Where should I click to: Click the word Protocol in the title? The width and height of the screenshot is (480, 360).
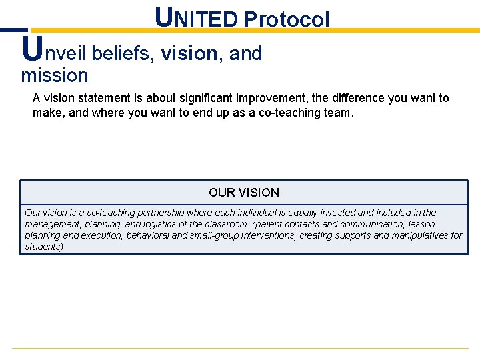287,19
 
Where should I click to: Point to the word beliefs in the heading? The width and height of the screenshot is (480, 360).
123,53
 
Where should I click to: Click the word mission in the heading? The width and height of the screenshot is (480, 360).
55,75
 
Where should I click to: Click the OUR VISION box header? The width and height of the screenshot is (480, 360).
244,193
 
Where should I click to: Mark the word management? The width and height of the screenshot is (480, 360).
53,224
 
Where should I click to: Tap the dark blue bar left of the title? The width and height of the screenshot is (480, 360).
13,30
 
